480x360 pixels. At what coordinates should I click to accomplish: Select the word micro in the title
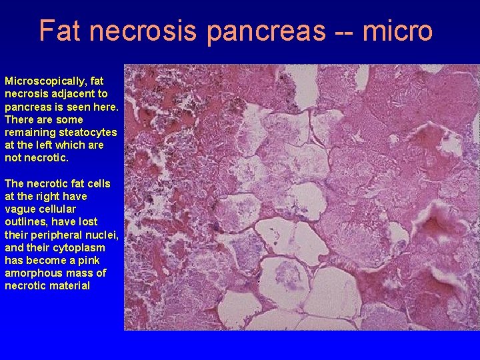(399, 30)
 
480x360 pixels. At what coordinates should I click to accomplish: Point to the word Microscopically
(45, 81)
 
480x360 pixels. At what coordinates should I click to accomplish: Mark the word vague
(19, 209)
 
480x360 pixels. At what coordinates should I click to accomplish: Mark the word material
(69, 286)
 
